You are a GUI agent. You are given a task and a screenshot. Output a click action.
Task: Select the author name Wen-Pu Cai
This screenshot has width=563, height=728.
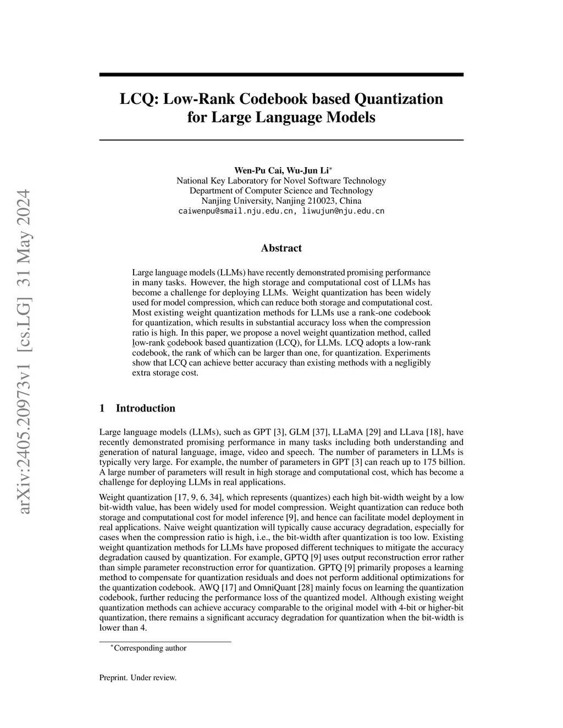(253, 170)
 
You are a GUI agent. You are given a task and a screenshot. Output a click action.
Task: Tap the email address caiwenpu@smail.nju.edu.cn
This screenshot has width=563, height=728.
(238, 211)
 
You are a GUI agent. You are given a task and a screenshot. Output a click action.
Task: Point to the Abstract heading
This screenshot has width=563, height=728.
(281, 248)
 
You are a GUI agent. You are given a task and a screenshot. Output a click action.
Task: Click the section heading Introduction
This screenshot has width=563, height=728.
(145, 408)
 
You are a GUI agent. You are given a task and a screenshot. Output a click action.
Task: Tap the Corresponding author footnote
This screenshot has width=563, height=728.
(150, 648)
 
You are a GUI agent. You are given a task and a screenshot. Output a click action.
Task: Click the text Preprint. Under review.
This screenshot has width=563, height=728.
(138, 678)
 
